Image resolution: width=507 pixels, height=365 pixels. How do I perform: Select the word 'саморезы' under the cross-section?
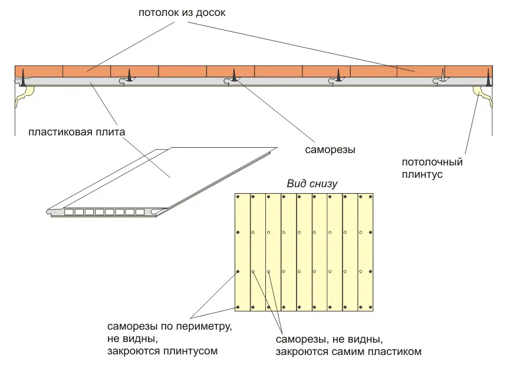[330, 150]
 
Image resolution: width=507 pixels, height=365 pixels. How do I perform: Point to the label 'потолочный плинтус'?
[432, 168]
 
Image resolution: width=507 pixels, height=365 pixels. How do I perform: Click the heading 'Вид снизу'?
[312, 184]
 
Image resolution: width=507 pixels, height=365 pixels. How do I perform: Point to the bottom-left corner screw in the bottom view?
[238, 307]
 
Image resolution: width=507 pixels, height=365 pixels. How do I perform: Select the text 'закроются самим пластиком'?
[348, 352]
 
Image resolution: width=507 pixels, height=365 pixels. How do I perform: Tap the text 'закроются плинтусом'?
[163, 351]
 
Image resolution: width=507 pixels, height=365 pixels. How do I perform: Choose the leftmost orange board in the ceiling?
[38, 71]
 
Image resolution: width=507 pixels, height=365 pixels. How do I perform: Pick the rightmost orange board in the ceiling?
[469, 71]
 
